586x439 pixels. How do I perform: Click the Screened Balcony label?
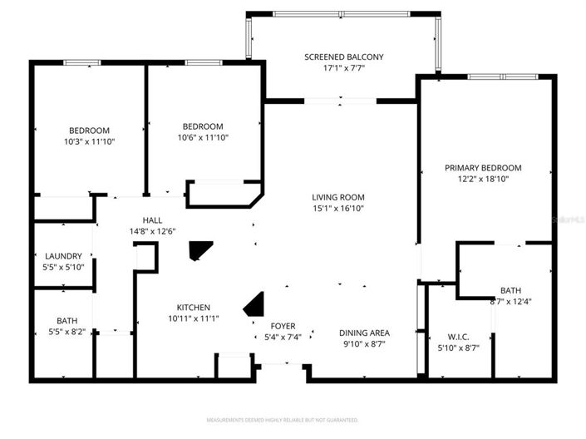[343, 57]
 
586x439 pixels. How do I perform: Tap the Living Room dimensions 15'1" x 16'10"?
[338, 209]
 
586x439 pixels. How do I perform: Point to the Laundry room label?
[63, 256]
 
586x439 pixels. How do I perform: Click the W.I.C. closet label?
[458, 337]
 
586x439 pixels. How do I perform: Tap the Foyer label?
[283, 326]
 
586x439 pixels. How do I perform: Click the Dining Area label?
[364, 333]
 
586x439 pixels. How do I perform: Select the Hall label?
[140, 219]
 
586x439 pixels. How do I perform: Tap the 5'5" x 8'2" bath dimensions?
[66, 331]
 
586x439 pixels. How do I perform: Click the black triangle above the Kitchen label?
[199, 251]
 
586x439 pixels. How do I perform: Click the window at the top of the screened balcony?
[343, 13]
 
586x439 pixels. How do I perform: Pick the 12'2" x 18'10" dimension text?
[483, 178]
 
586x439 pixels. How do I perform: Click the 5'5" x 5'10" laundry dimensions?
[63, 267]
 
